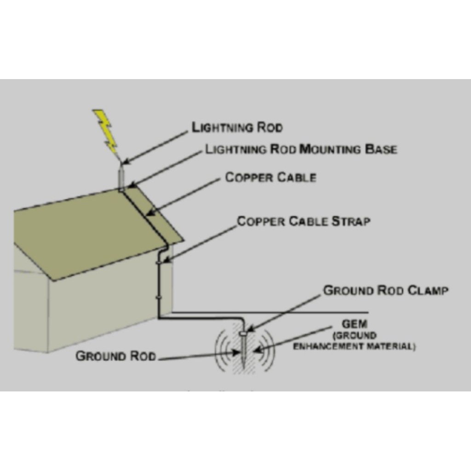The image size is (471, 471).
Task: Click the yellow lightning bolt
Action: click(x=104, y=130)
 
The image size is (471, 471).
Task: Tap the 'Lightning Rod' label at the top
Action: click(x=237, y=127)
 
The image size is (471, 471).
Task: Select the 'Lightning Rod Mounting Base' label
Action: click(x=301, y=149)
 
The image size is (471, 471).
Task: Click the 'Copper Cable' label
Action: click(x=270, y=177)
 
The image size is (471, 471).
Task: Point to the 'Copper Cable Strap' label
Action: click(x=304, y=221)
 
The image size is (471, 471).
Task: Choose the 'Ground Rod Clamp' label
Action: click(x=386, y=291)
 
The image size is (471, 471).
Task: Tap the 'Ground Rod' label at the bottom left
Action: click(x=116, y=356)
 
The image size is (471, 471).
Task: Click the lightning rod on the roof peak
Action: click(x=121, y=177)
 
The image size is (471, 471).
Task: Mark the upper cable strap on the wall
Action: click(x=159, y=263)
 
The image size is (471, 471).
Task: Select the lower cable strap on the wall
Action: click(x=159, y=298)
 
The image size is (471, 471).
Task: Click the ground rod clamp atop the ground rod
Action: click(x=243, y=333)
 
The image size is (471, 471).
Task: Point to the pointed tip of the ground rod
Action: click(x=243, y=367)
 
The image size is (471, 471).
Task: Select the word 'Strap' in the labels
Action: click(x=351, y=221)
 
